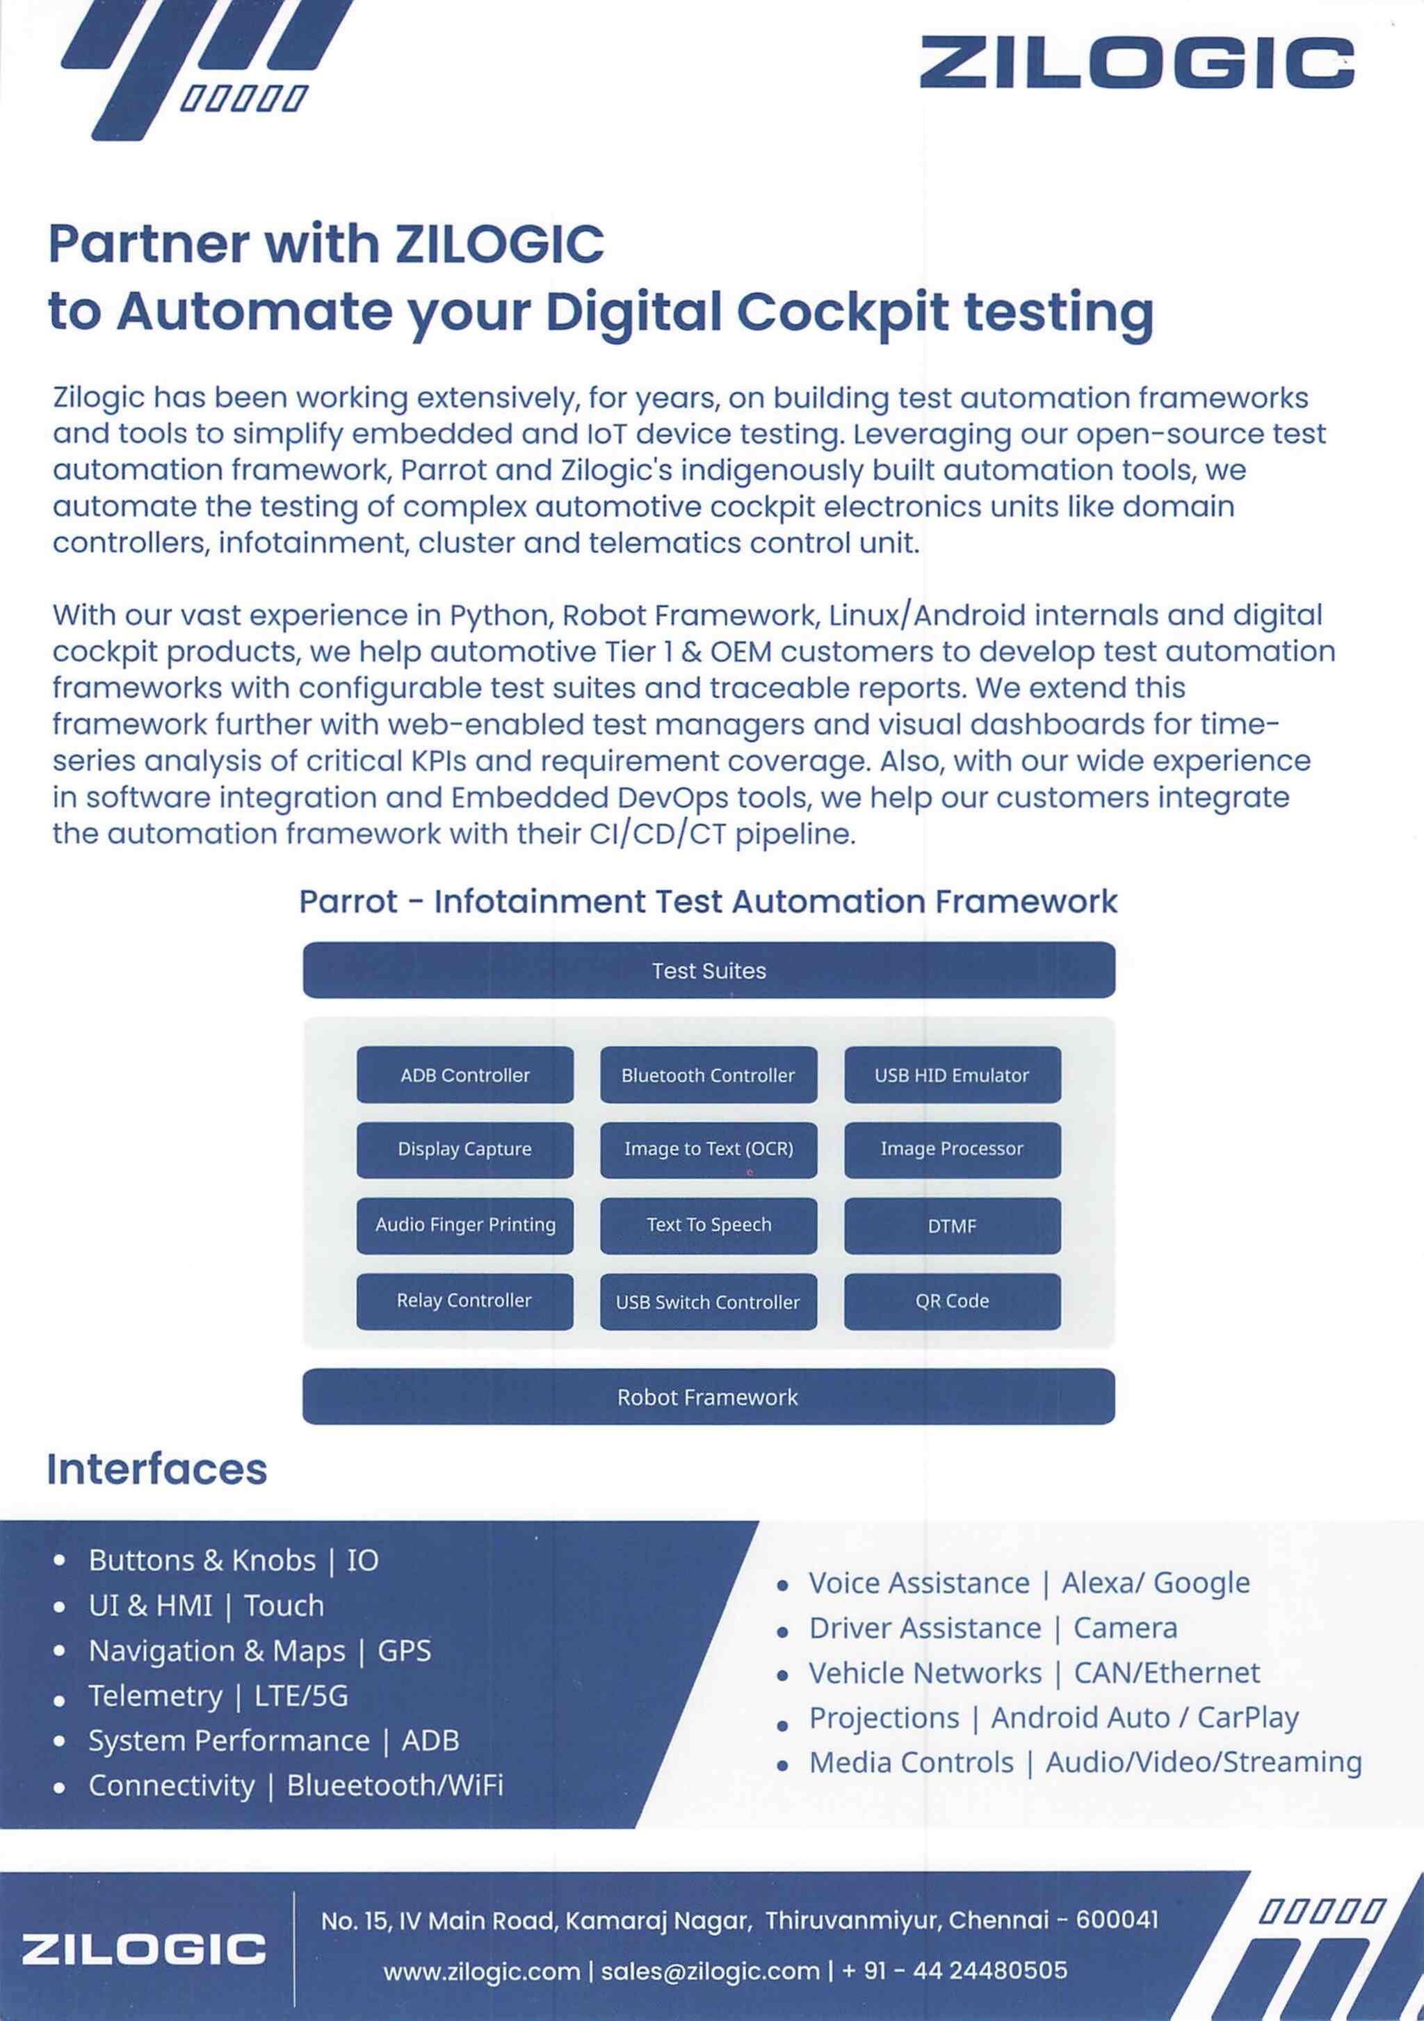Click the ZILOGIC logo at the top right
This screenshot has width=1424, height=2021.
[1136, 63]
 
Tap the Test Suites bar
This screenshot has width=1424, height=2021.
[709, 970]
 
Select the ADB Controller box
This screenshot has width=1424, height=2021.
[464, 1074]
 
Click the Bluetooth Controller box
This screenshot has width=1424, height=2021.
[709, 1074]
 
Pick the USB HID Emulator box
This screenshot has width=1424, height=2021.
[953, 1074]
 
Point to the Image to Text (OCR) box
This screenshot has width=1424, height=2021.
[709, 1150]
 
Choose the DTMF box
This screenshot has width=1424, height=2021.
[953, 1225]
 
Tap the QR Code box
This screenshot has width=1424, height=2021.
[953, 1301]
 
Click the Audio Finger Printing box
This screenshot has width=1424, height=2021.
[464, 1225]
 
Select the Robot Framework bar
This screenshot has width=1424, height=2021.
[709, 1397]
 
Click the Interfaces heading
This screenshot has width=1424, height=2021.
[156, 1469]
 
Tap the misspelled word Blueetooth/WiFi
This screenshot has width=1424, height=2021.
[395, 1785]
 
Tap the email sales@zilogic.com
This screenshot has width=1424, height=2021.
[710, 1970]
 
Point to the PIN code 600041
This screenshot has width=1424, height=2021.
[1117, 1919]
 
